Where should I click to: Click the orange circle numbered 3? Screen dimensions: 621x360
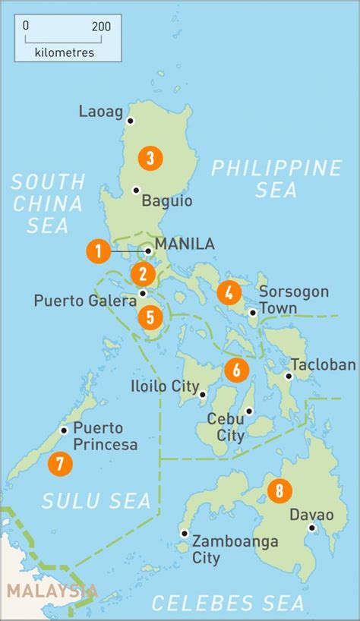(150, 158)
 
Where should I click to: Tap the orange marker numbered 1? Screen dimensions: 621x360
(97, 251)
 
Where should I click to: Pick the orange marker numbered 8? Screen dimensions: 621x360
(279, 491)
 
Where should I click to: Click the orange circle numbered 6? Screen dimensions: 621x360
(237, 370)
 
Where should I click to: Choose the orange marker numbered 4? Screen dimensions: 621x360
(229, 292)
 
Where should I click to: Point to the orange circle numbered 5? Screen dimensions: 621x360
(150, 317)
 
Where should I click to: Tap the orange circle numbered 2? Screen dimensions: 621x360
(143, 274)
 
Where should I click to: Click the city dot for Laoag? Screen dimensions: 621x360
(131, 121)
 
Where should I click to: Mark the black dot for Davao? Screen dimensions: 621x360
(311, 528)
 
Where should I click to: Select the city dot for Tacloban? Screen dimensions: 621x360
(289, 375)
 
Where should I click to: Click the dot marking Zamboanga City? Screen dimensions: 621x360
(184, 533)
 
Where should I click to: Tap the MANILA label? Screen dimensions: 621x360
(185, 244)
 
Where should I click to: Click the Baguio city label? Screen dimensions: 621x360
(167, 201)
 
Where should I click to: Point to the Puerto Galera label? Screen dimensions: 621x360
(84, 301)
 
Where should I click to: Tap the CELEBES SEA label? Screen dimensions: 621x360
(228, 603)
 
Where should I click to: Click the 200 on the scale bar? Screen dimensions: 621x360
(100, 26)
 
